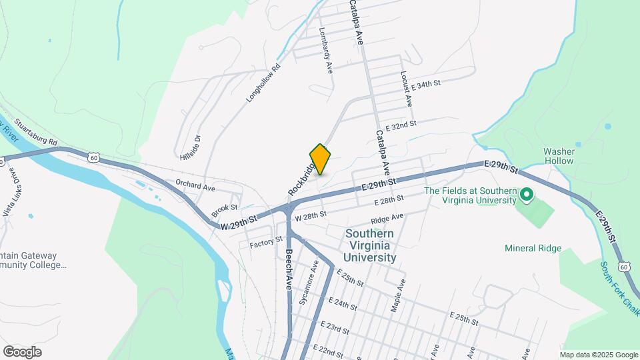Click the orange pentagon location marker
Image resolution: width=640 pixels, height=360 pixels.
coord(320,159)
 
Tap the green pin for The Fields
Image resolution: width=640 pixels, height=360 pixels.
coord(526,195)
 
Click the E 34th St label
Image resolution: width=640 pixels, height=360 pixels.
coord(427,85)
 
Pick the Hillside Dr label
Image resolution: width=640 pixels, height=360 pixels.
coord(190,150)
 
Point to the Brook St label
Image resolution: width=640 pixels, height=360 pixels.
coord(221,211)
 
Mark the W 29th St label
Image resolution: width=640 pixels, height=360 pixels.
coord(239,223)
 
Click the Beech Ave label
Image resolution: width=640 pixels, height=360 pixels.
coord(289,270)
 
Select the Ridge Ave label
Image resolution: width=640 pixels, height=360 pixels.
coord(387,219)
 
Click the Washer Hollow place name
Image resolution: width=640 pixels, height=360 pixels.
coord(559,156)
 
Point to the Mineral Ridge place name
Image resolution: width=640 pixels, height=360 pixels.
coord(533,249)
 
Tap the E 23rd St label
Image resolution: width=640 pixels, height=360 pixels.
coord(335,327)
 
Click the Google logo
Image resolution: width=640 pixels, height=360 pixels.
coord(22,352)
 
